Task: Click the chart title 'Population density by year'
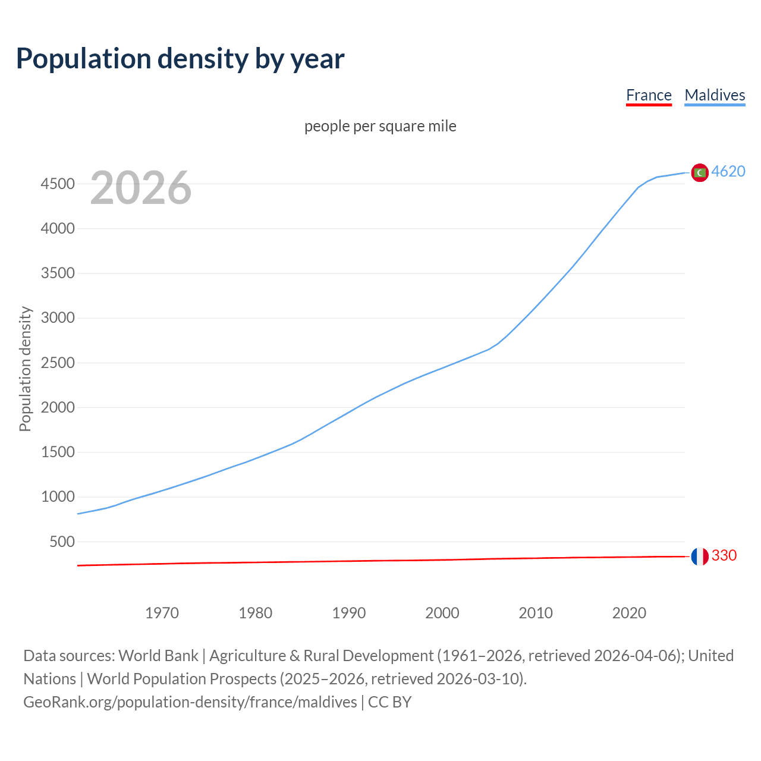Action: [x=180, y=59]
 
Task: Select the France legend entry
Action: [x=649, y=95]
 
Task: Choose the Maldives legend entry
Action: [x=715, y=95]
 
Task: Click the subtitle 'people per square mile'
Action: [x=380, y=126]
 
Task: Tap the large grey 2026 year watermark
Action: [x=141, y=188]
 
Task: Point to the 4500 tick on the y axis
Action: [x=58, y=184]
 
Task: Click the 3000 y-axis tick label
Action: [x=58, y=317]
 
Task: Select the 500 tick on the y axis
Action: [x=62, y=542]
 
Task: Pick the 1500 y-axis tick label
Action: [x=58, y=452]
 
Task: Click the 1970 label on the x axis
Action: [x=162, y=613]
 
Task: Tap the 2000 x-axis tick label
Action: [x=442, y=613]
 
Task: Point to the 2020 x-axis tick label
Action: [x=629, y=613]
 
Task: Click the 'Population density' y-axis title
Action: [x=25, y=369]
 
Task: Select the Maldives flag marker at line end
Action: [x=700, y=172]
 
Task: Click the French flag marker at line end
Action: [x=700, y=556]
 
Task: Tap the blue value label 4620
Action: [x=728, y=171]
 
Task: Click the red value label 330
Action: [x=724, y=555]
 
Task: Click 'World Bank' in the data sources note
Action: [x=158, y=656]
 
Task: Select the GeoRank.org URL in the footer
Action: [x=190, y=702]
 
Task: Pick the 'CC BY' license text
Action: [x=390, y=702]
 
